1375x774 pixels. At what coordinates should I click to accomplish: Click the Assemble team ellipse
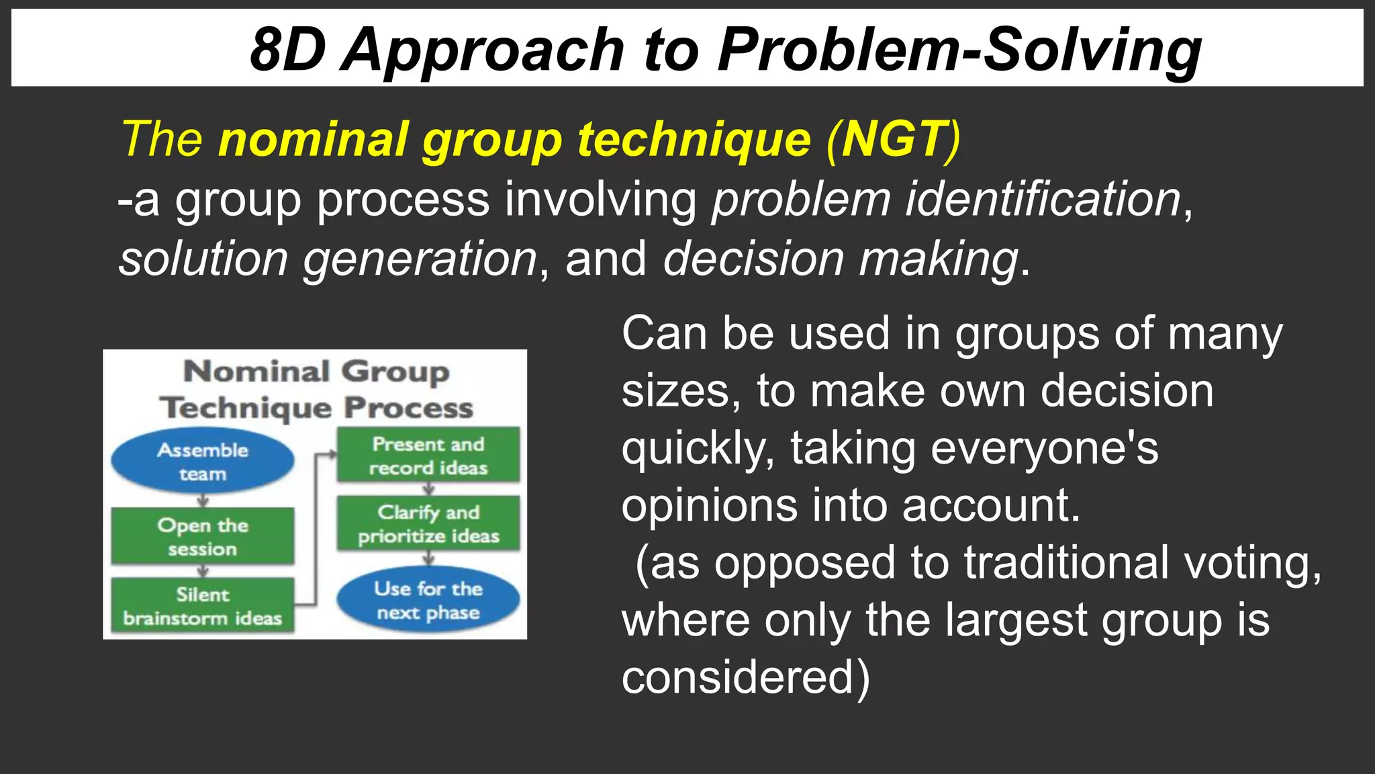[x=203, y=462]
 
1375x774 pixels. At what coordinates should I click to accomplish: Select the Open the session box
[x=203, y=536]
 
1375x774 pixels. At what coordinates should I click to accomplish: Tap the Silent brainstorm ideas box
[x=203, y=605]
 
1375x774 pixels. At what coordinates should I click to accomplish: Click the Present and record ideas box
[x=428, y=455]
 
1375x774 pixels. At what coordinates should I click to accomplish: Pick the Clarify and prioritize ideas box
[x=428, y=523]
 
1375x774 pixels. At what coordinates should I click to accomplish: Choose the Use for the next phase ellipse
[x=428, y=600]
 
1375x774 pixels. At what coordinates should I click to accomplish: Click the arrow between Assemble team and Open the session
[x=203, y=501]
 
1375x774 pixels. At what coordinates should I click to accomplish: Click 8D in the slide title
[x=287, y=50]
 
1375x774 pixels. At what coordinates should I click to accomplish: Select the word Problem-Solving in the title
[x=959, y=50]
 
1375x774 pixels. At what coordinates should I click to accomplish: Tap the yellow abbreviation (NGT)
[x=894, y=139]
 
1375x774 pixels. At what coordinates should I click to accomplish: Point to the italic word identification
[x=1043, y=200]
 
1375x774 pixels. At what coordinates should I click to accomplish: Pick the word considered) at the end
[x=745, y=677]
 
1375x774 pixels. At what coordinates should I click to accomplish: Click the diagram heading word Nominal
[x=256, y=372]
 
